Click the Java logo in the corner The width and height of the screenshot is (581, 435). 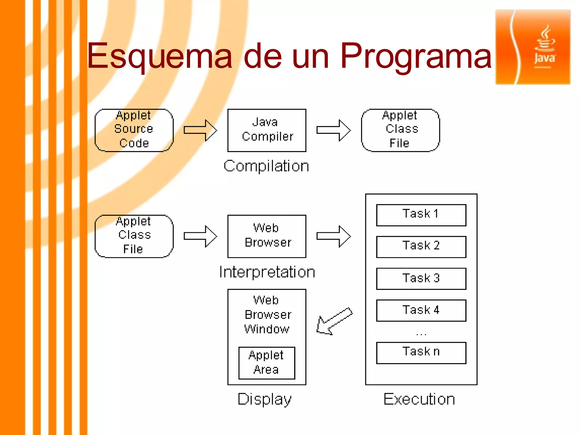click(x=533, y=47)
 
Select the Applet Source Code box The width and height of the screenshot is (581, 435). click(x=134, y=130)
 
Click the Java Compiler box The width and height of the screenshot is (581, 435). click(x=267, y=130)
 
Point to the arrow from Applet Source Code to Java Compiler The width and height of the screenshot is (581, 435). click(x=200, y=130)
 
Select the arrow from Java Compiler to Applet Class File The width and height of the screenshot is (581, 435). click(x=333, y=130)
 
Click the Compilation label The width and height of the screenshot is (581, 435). click(x=266, y=166)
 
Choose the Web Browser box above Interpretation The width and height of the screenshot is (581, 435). click(x=267, y=236)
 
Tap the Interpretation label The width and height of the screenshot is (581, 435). click(x=267, y=272)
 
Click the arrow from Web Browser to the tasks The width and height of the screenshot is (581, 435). click(x=333, y=236)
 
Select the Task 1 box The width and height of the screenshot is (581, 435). click(x=421, y=215)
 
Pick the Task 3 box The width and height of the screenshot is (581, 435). click(x=421, y=278)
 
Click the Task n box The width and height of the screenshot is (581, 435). click(x=421, y=353)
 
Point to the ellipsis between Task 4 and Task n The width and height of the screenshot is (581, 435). click(x=421, y=334)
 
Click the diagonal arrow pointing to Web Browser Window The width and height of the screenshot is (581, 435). click(x=334, y=321)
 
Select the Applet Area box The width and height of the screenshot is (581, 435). click(x=267, y=363)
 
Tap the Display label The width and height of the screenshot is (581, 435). click(x=264, y=399)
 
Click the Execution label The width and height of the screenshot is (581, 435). click(x=419, y=399)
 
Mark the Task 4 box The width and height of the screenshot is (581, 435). click(x=421, y=310)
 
